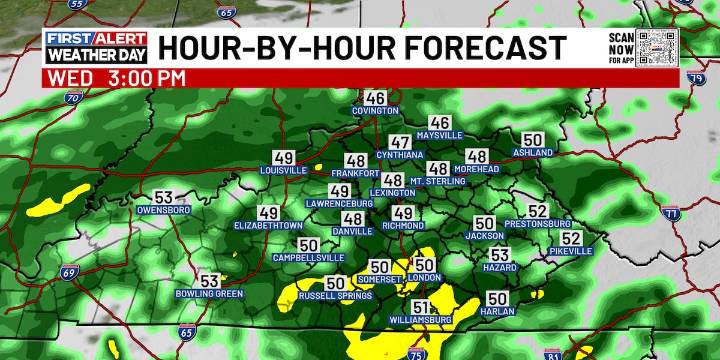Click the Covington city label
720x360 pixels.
(375, 111)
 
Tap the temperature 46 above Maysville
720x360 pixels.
(440, 122)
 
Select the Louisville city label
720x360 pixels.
(283, 171)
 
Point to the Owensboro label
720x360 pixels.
(163, 211)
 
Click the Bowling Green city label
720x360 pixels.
(210, 294)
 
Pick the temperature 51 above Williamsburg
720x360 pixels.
(421, 307)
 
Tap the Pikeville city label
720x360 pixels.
(571, 252)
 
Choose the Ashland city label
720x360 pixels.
(533, 153)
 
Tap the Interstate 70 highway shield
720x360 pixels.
(72, 99)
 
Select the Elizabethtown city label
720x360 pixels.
(268, 226)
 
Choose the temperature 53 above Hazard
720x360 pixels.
(500, 255)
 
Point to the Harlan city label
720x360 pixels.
(497, 311)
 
